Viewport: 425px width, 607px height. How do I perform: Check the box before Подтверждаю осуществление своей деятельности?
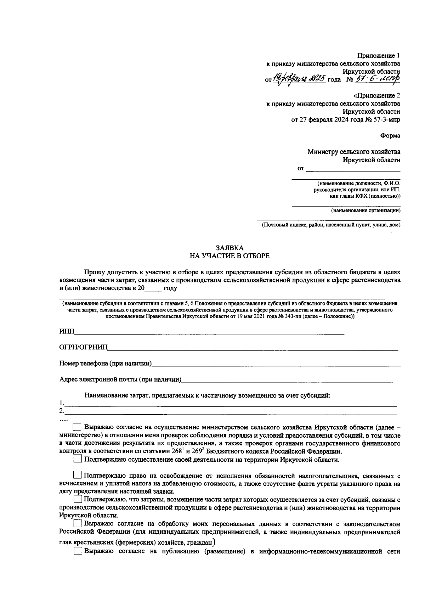78,460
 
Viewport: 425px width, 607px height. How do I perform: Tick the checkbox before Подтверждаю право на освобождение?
78,475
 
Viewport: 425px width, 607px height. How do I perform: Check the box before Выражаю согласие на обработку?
78,524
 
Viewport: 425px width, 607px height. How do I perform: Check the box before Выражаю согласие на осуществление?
77,427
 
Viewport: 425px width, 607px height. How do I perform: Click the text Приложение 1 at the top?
378,56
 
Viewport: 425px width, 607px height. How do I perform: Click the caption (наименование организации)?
365,211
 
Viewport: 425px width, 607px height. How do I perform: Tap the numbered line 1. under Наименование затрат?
230,403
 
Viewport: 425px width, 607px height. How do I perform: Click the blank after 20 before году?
153,288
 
